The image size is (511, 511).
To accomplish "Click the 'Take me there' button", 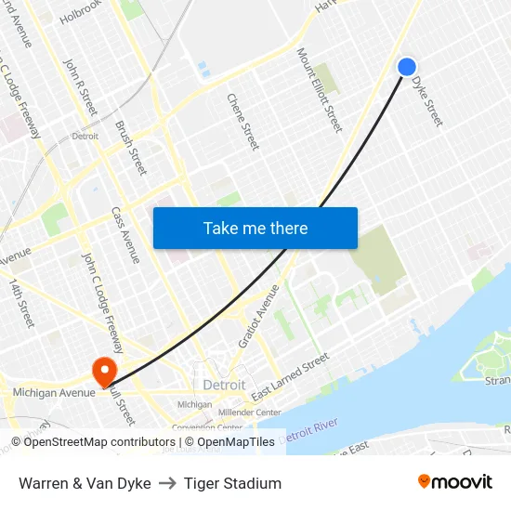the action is pyautogui.click(x=255, y=229).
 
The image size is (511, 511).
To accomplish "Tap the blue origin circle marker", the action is pyautogui.click(x=407, y=67).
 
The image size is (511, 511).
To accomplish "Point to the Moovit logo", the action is pyautogui.click(x=455, y=482).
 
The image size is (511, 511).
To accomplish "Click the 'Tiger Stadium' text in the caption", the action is pyautogui.click(x=232, y=483).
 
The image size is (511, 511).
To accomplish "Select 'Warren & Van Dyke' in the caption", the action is pyautogui.click(x=85, y=483).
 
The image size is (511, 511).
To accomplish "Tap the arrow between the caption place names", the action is pyautogui.click(x=167, y=483).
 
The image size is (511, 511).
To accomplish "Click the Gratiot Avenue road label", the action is pyautogui.click(x=258, y=316).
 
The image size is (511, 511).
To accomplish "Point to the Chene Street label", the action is pyautogui.click(x=243, y=121).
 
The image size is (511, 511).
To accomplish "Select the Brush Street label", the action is pyautogui.click(x=131, y=147).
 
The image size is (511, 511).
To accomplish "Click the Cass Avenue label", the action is pyautogui.click(x=124, y=235).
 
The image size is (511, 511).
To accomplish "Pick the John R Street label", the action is pyautogui.click(x=80, y=86).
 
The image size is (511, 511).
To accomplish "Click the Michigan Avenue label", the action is pyautogui.click(x=54, y=394).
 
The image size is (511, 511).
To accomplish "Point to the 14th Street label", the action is pyautogui.click(x=21, y=302).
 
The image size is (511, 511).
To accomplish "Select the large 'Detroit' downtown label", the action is pyautogui.click(x=224, y=385).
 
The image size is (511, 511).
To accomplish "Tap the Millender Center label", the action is pyautogui.click(x=250, y=413).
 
